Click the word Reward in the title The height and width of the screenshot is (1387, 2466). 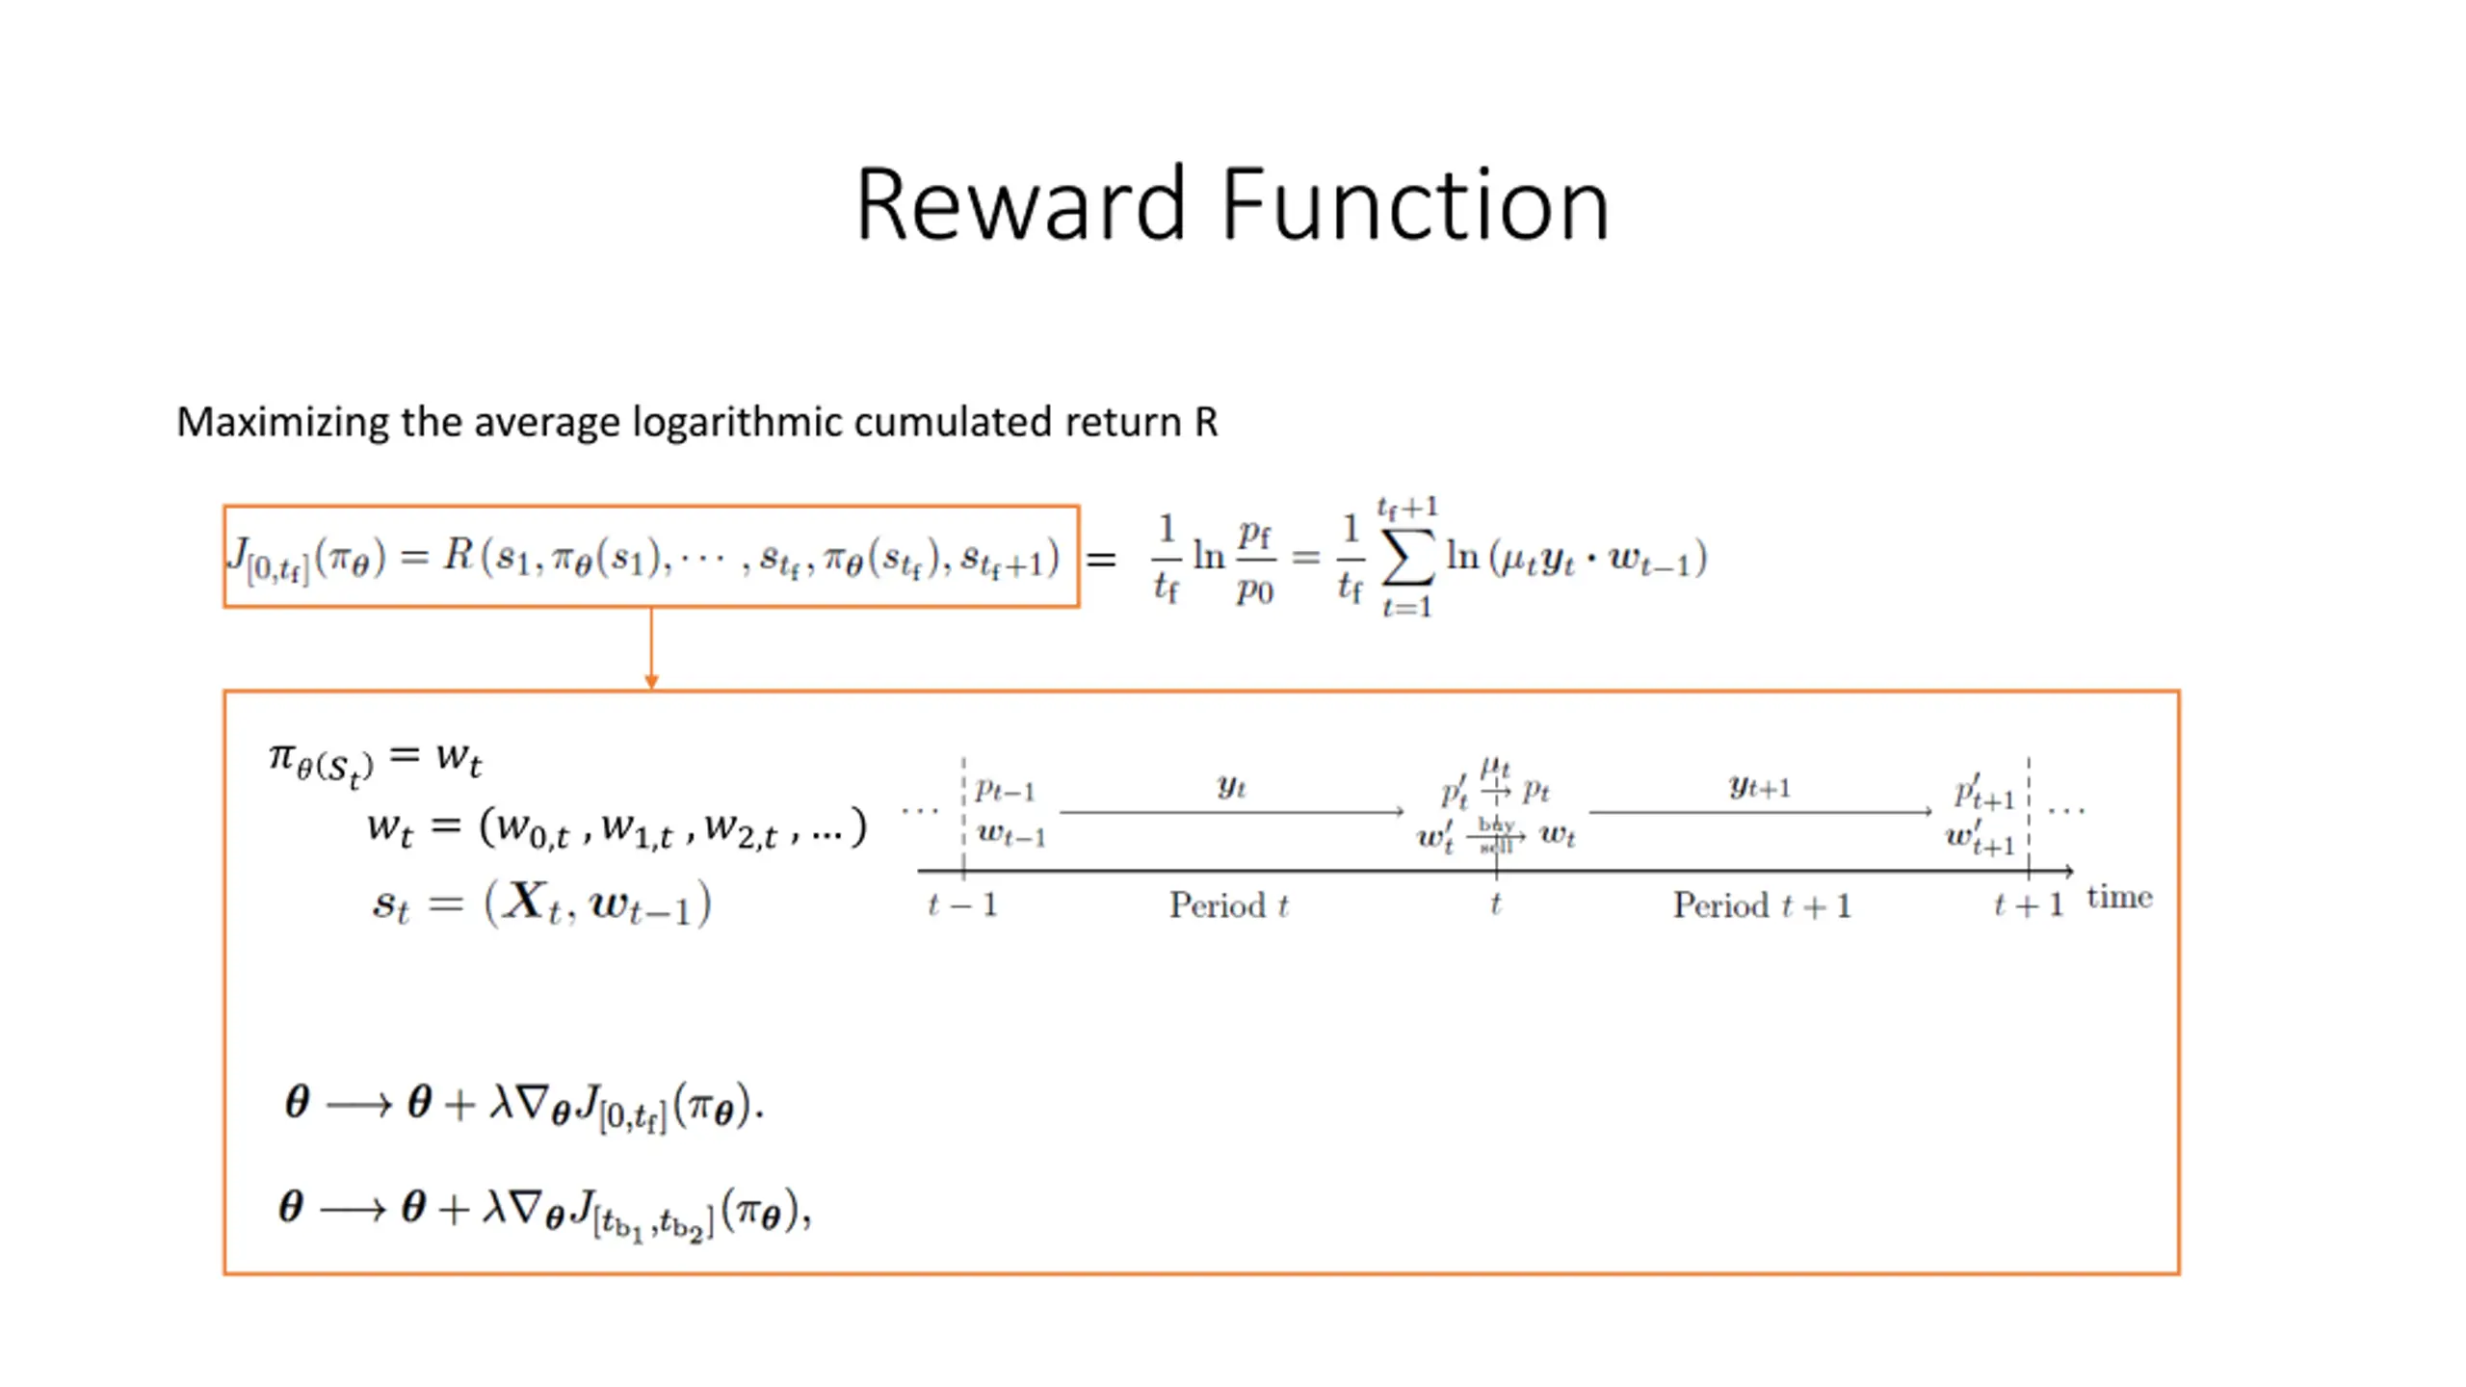(x=1020, y=204)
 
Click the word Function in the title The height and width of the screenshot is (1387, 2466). (x=1415, y=204)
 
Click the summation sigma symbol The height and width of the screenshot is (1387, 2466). (x=1407, y=559)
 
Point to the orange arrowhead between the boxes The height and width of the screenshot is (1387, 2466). (x=651, y=682)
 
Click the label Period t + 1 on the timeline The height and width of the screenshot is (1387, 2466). (x=1762, y=905)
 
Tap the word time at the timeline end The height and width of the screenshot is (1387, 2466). (x=2119, y=898)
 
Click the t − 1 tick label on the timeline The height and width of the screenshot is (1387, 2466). (x=961, y=905)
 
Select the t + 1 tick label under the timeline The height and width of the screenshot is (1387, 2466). (x=2028, y=905)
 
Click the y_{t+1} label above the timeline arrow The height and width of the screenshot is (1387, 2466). (x=1759, y=787)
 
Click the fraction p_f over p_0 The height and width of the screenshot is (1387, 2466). (x=1254, y=559)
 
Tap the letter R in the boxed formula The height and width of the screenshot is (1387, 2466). (x=458, y=556)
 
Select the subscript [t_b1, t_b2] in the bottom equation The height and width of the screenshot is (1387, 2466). (x=653, y=1224)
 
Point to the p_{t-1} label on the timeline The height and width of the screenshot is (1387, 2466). (x=1005, y=791)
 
